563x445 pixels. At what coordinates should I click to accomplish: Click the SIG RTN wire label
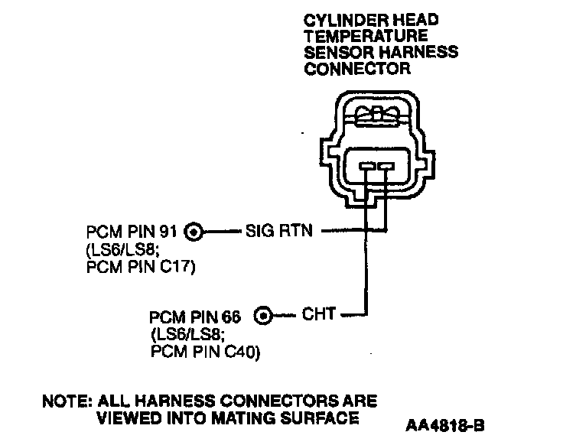[279, 229]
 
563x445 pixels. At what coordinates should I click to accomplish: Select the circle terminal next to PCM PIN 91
[194, 229]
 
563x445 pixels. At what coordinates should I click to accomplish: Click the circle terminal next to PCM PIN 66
[262, 314]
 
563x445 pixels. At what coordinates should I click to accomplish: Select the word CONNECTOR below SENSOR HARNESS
[357, 69]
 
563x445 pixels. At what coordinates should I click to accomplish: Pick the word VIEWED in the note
[127, 417]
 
